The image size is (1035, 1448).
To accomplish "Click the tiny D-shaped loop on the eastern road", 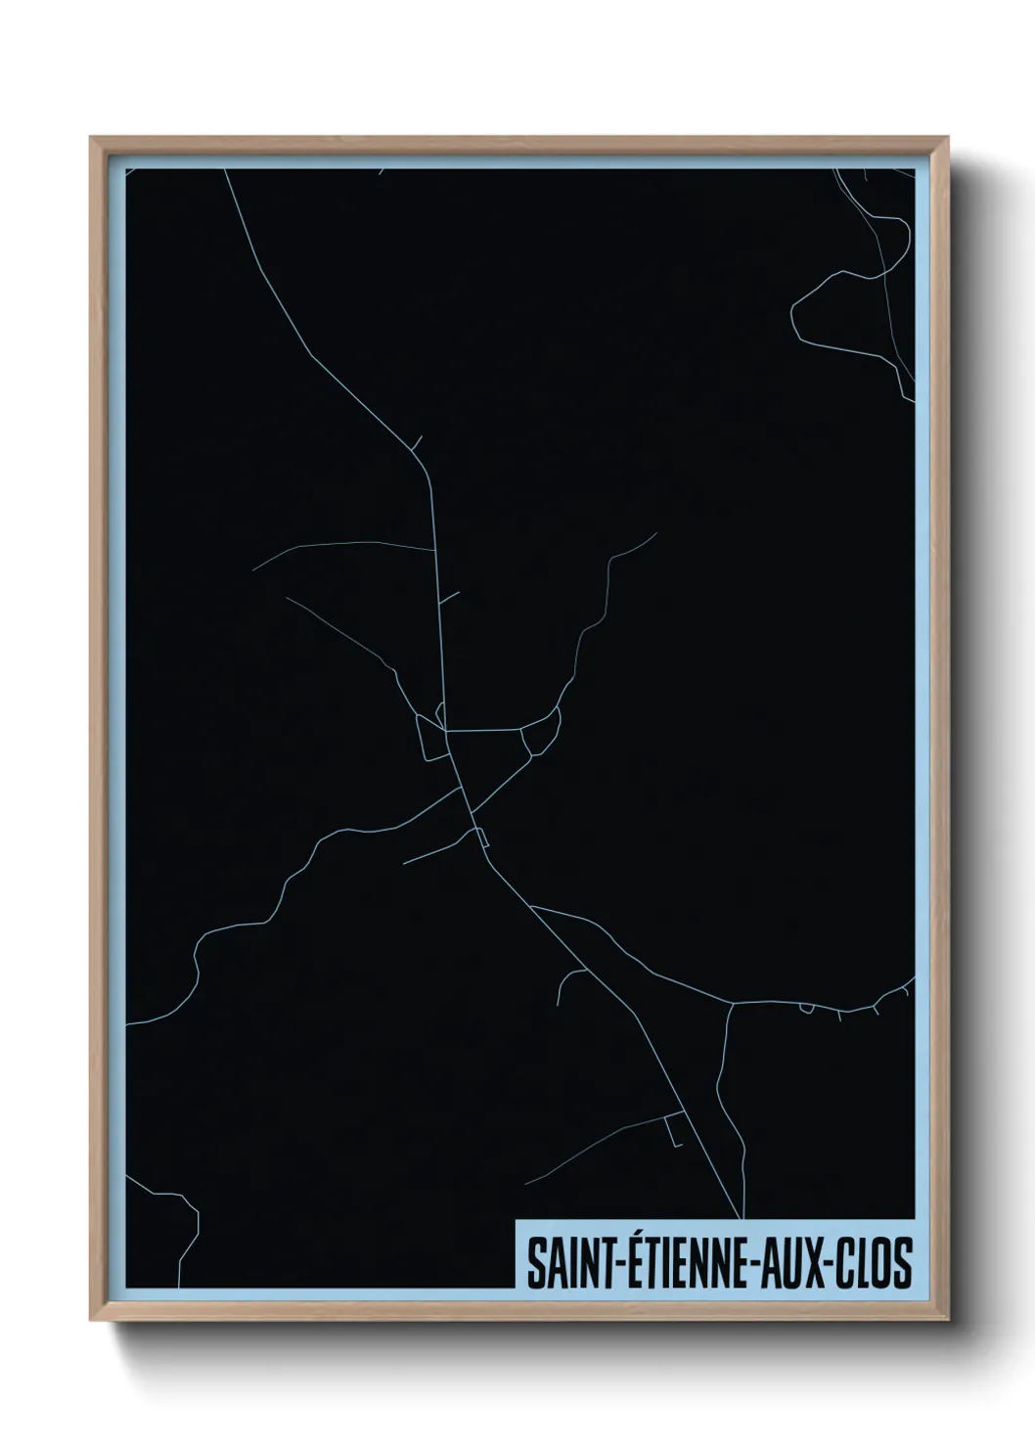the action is (x=806, y=1009).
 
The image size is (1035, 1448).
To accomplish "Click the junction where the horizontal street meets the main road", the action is (x=446, y=730).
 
